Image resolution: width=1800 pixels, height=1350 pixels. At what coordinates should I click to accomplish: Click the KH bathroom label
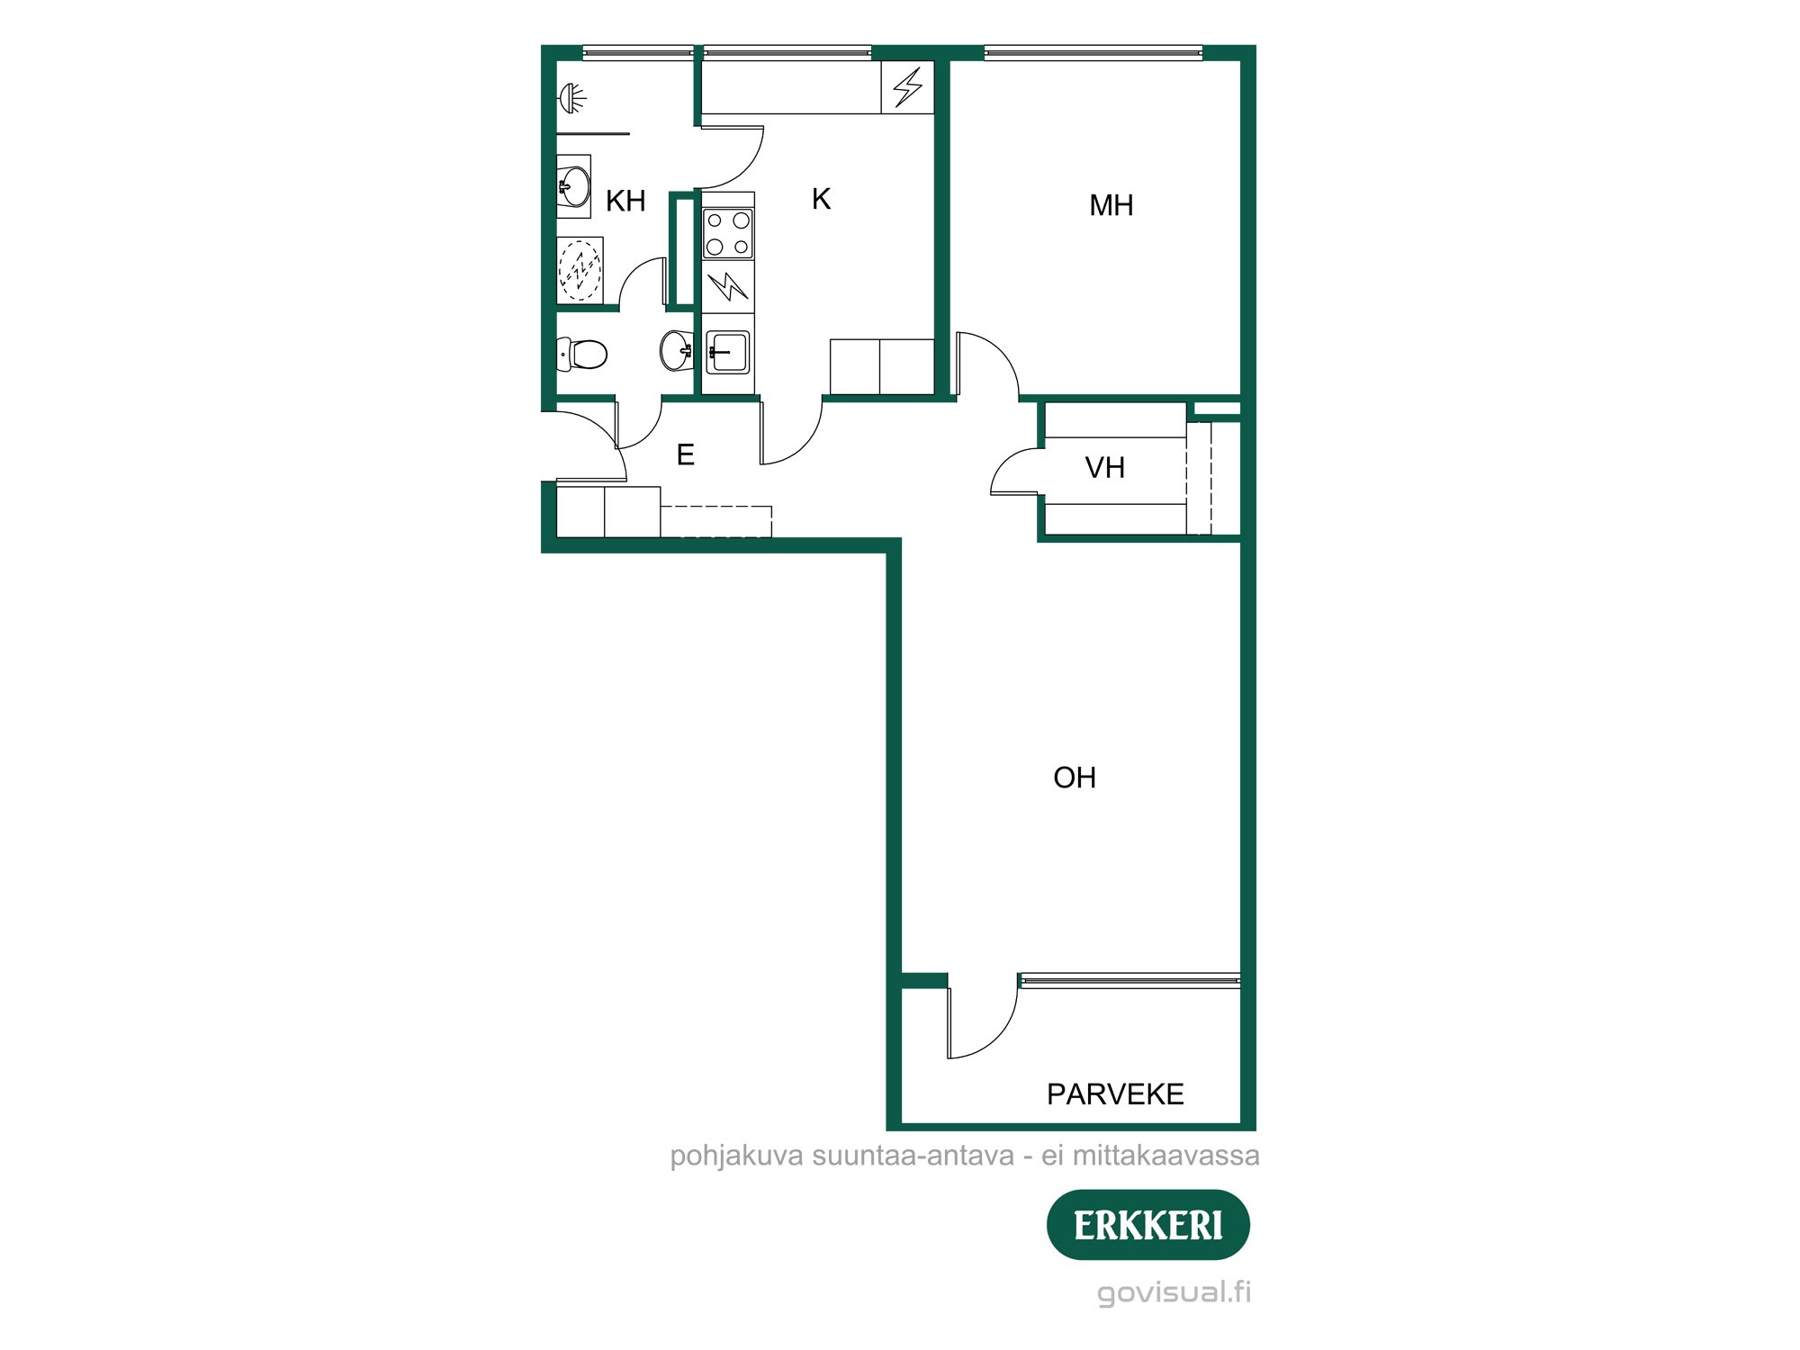tap(625, 201)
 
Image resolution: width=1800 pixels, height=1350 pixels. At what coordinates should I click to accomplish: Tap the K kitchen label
tap(821, 199)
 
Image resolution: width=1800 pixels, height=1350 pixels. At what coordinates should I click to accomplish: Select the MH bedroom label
tap(1111, 206)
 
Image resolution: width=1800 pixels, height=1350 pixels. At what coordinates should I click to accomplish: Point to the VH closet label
tap(1104, 468)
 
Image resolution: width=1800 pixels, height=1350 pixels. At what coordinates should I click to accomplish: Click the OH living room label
tap(1075, 778)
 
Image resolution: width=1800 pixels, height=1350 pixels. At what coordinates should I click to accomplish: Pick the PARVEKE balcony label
tap(1115, 1094)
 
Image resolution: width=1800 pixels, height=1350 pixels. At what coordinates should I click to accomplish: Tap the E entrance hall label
tap(685, 455)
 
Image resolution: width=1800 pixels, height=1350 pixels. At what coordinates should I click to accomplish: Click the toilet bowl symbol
tap(586, 354)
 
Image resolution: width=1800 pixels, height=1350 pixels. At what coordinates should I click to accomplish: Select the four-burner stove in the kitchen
tap(727, 233)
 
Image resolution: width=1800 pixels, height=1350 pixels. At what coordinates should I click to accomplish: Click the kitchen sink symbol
tap(727, 352)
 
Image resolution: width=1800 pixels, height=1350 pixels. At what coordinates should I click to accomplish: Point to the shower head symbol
tap(572, 96)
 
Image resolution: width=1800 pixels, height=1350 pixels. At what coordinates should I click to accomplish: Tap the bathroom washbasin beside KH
tap(573, 186)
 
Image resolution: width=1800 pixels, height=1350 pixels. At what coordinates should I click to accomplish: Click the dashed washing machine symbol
tap(580, 269)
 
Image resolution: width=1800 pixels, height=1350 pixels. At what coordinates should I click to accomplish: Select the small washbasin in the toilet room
tap(676, 350)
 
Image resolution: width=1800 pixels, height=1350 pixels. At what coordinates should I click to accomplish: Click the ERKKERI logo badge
tap(1147, 1225)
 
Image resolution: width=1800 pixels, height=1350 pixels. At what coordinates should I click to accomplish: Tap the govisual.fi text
tap(1174, 1292)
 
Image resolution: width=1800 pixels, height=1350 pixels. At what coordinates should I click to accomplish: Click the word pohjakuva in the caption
tap(736, 1156)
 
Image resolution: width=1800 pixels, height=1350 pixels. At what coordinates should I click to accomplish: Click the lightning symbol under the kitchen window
tap(907, 87)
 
